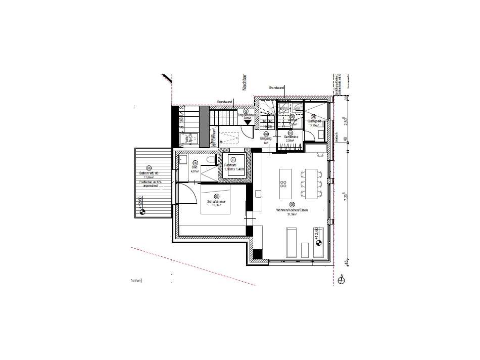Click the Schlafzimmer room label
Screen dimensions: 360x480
coord(216,202)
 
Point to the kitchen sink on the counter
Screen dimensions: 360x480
coord(258,193)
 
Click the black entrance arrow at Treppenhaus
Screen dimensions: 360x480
coord(248,122)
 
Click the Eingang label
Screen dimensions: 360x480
coord(266,139)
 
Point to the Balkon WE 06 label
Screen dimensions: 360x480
coord(149,173)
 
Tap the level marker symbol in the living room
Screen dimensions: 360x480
coord(319,243)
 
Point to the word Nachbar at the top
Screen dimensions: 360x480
coord(244,83)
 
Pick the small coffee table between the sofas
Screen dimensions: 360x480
coord(305,249)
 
